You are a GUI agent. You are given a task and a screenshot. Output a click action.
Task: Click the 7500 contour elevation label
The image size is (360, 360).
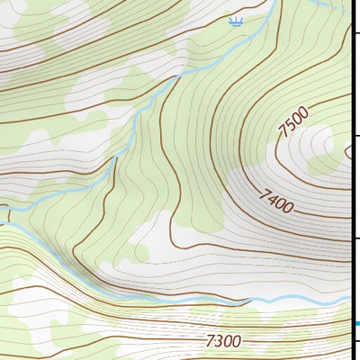tap(293, 121)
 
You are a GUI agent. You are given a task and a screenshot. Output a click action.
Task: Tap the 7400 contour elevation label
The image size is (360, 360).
tap(276, 200)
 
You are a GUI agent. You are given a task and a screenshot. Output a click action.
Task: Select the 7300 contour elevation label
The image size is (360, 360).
tap(224, 341)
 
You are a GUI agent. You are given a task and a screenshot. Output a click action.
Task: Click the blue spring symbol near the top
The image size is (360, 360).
tap(236, 22)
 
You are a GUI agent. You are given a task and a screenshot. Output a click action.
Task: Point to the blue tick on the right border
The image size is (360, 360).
tap(356, 324)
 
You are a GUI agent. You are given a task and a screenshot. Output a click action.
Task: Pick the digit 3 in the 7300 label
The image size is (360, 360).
tap(219, 341)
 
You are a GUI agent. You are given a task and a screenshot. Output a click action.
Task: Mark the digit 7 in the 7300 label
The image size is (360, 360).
tap(211, 341)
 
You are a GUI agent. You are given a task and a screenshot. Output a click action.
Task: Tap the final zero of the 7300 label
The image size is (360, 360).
tap(237, 341)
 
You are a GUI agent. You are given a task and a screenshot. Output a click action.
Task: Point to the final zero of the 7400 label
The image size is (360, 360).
tap(288, 207)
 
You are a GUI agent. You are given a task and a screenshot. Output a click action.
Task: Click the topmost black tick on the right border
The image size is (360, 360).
tap(355, 33)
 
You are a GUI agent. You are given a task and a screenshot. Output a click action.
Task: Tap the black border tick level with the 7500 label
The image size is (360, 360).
tap(355, 135)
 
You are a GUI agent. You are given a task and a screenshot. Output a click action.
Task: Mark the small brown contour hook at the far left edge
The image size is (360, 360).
tap(4, 214)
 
